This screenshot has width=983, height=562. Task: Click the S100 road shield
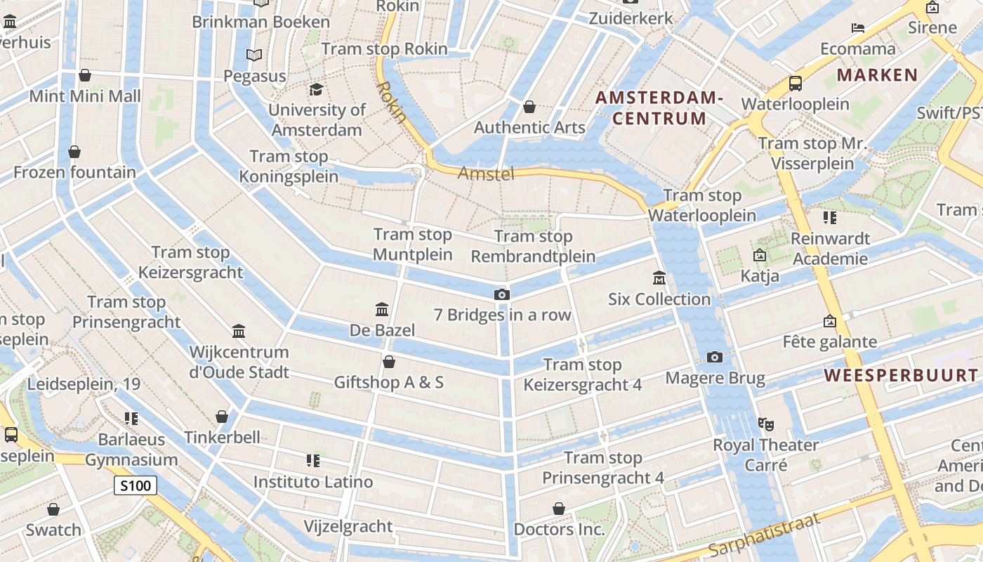(136, 485)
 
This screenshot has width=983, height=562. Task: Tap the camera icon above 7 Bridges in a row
(501, 294)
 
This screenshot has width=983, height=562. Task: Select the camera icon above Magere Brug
(715, 357)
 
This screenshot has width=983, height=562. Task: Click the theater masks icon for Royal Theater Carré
(765, 424)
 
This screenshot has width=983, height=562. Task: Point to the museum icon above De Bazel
(382, 309)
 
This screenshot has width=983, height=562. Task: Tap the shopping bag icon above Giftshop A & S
(388, 362)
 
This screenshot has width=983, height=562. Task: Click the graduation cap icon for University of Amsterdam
(316, 89)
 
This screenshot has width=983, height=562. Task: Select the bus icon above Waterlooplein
(796, 84)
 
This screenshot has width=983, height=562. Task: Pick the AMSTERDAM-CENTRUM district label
(659, 107)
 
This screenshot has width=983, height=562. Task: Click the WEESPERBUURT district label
(901, 375)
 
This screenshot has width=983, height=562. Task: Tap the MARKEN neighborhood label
(877, 75)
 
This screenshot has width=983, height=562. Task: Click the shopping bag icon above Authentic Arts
(529, 107)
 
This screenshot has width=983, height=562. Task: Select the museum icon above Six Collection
(659, 278)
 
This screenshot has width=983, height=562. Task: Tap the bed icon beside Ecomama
(858, 28)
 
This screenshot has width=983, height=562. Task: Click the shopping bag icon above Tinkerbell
(222, 417)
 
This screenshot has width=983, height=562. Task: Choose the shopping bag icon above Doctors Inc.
(559, 508)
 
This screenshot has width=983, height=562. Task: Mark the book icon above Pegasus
(253, 55)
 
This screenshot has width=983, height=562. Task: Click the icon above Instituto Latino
(313, 461)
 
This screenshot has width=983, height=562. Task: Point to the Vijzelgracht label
(348, 526)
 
